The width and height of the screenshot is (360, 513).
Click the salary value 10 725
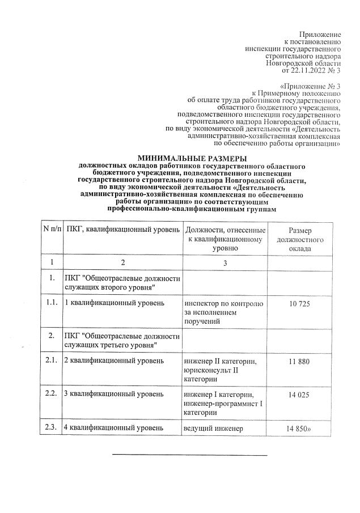point(298,304)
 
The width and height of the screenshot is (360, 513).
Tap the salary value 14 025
point(298,395)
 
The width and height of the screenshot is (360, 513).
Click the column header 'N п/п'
point(52,230)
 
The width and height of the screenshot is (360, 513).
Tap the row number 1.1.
point(52,303)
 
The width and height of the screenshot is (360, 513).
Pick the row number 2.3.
point(52,428)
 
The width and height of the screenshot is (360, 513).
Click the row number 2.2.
point(52,394)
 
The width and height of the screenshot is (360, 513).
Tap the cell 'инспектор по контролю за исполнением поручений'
point(223,313)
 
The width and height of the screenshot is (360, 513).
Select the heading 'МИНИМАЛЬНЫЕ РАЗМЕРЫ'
point(192,158)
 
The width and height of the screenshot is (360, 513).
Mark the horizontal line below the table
point(189,455)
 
